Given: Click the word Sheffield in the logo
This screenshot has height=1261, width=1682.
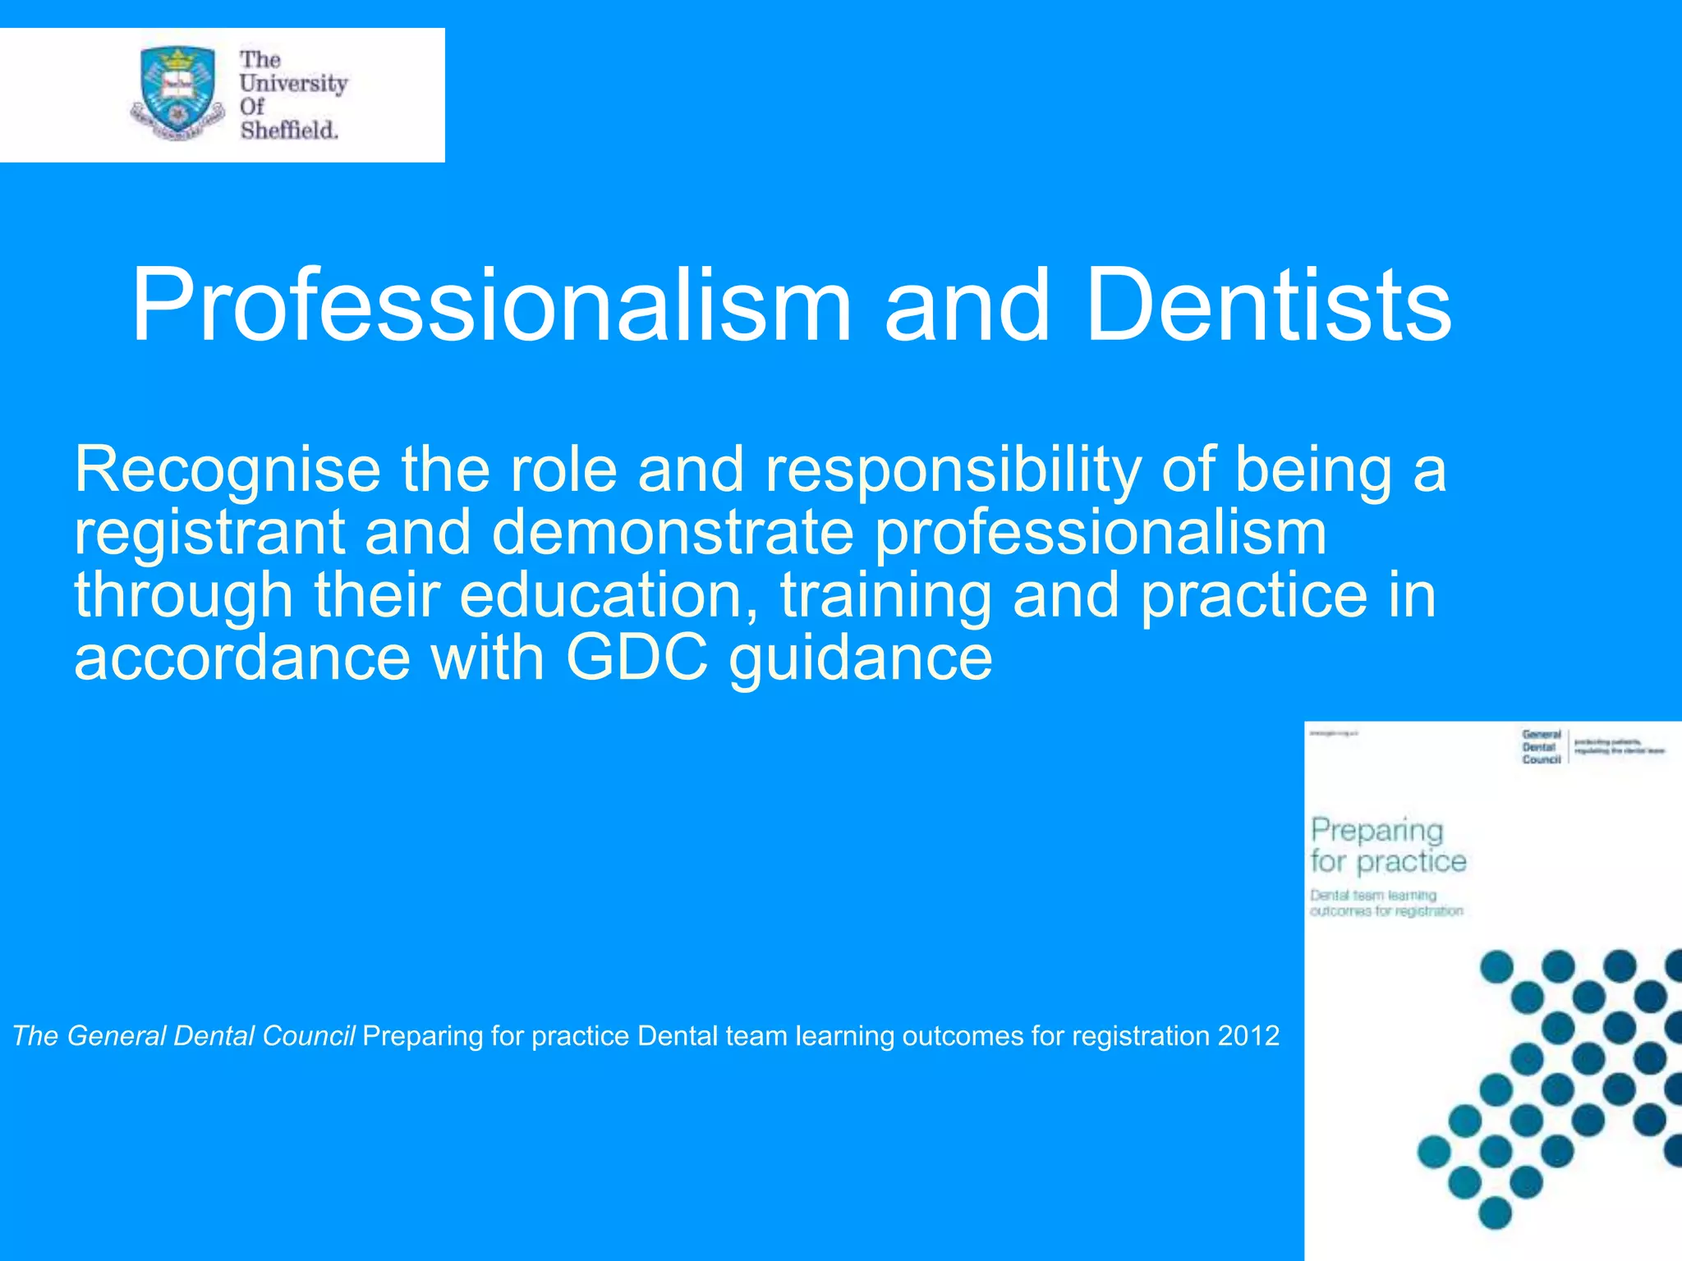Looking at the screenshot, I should point(289,131).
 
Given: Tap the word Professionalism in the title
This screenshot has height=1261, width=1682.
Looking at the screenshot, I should point(491,305).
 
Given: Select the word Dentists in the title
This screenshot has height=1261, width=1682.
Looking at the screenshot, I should point(1269,305).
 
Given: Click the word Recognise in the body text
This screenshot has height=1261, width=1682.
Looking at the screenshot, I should point(227,470).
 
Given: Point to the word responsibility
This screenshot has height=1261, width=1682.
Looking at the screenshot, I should point(953,470).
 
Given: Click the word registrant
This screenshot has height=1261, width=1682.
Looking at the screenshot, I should point(209,534).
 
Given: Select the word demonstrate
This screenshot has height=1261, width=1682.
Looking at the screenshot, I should point(673,534).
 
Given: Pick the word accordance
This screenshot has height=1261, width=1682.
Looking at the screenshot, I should point(241,658).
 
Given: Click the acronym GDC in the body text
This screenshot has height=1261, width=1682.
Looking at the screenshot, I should point(636,658).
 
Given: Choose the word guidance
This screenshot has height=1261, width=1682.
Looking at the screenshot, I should point(861,658).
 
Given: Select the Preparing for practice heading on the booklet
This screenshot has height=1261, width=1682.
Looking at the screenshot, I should point(1387,846).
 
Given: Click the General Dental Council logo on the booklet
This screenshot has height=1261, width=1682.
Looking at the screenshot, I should point(1541,747).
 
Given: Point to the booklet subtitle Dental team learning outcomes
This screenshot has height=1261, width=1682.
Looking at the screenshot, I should point(1386,903).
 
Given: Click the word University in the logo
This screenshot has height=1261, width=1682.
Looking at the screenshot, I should point(293,84).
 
